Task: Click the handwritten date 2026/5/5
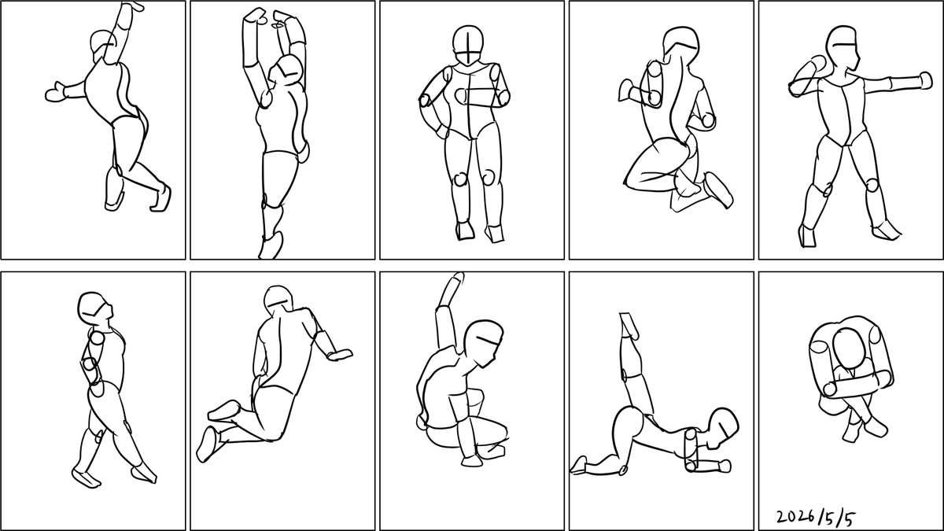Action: [x=816, y=517]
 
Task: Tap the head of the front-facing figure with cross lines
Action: [x=468, y=45]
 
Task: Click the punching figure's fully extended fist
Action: [x=926, y=80]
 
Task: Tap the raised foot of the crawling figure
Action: [x=629, y=326]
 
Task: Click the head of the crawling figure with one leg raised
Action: [x=724, y=427]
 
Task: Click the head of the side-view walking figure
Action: [x=95, y=308]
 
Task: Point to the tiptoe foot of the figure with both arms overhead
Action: [x=271, y=245]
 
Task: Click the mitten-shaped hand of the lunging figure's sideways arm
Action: [x=55, y=93]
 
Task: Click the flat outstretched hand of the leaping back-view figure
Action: [x=341, y=355]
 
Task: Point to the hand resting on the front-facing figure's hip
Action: [x=442, y=132]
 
